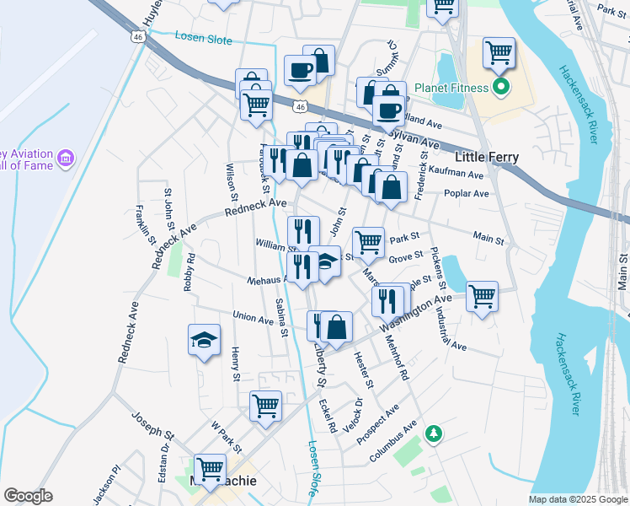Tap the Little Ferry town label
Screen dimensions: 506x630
486,157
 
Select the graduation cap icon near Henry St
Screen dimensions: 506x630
203,340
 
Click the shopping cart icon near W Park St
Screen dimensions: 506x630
265,405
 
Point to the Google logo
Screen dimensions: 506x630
29,496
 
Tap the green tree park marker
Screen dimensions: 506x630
434,434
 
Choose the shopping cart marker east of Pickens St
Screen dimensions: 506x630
482,296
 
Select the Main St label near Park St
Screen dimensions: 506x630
489,240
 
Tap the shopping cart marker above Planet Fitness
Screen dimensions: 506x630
499,52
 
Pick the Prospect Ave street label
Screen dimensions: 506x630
376,426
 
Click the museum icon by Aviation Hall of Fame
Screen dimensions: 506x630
66,158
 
